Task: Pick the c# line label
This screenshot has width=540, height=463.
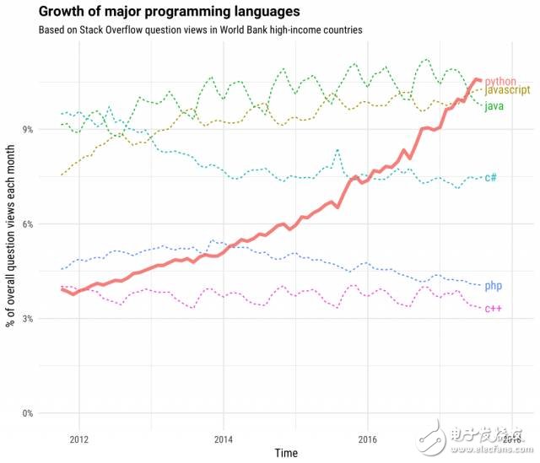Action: pyautogui.click(x=490, y=177)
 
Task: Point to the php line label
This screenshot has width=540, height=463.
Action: pyautogui.click(x=493, y=286)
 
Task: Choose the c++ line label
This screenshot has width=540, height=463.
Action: pyautogui.click(x=493, y=309)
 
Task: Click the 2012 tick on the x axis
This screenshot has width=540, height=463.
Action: pyautogui.click(x=79, y=439)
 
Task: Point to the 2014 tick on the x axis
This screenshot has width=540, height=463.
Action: pyautogui.click(x=224, y=439)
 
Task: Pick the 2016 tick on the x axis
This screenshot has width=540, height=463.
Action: pyautogui.click(x=368, y=439)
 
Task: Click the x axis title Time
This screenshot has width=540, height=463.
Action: pyautogui.click(x=284, y=453)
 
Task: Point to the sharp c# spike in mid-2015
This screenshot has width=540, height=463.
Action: pyautogui.click(x=337, y=150)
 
